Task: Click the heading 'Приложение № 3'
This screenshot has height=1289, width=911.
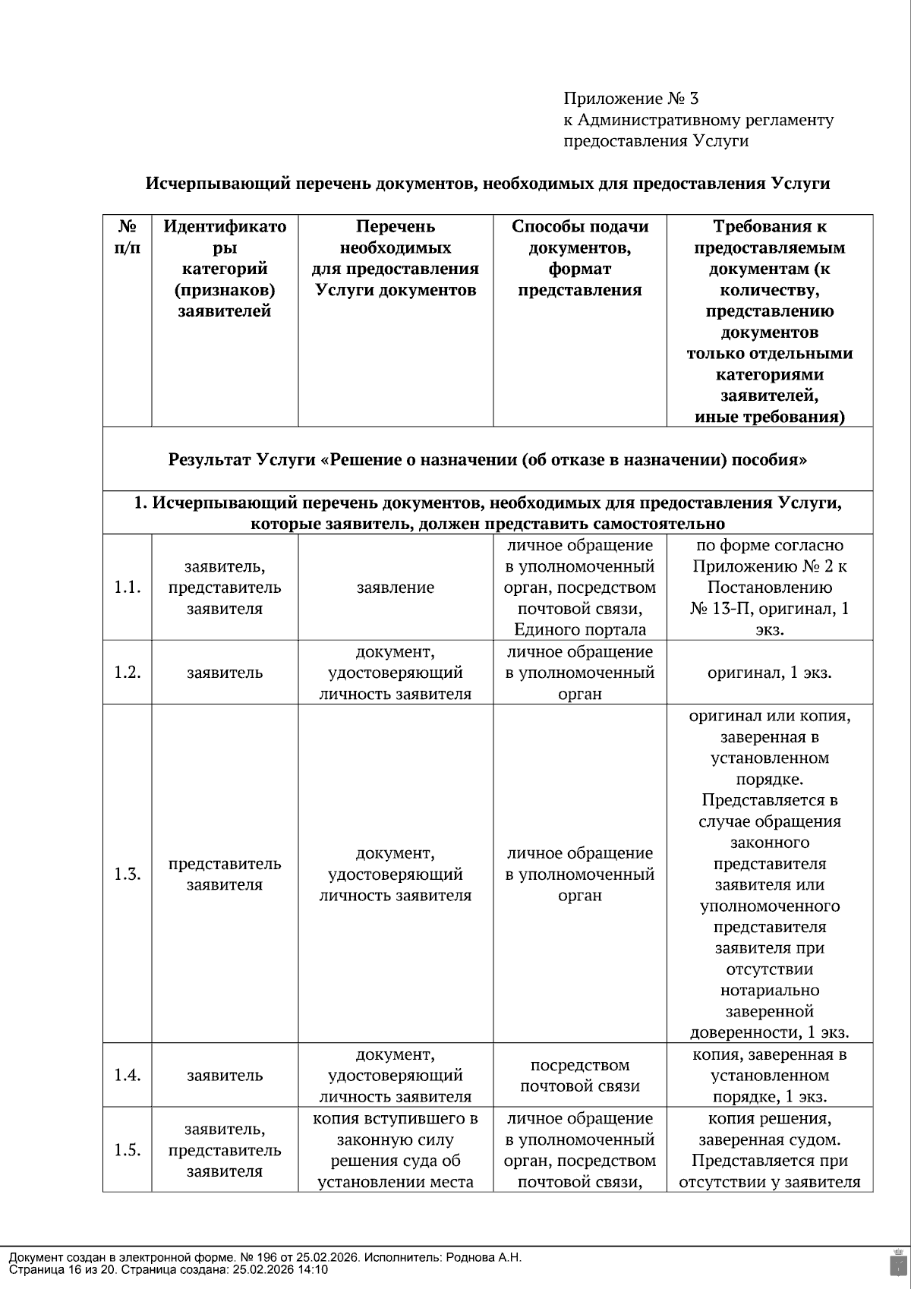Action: pyautogui.click(x=630, y=99)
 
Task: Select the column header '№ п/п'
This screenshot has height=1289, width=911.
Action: pyautogui.click(x=128, y=237)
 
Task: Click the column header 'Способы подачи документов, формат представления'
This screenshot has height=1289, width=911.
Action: pyautogui.click(x=580, y=258)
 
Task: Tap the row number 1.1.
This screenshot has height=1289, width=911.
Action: pyautogui.click(x=128, y=588)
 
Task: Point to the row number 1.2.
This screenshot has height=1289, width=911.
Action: pyautogui.click(x=128, y=673)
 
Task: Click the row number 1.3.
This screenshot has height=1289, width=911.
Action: pyautogui.click(x=128, y=874)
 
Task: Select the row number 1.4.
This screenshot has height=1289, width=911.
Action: pyautogui.click(x=128, y=1075)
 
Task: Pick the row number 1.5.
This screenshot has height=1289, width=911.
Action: pyautogui.click(x=128, y=1150)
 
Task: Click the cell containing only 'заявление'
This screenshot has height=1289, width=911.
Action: pyautogui.click(x=396, y=588)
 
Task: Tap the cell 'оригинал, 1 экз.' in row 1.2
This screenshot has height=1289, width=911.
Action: pyautogui.click(x=769, y=673)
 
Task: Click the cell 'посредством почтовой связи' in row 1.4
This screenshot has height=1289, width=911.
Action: pyautogui.click(x=580, y=1075)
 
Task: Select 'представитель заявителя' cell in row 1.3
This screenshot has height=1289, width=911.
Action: pyautogui.click(x=225, y=874)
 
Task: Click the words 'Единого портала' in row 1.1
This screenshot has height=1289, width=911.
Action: pyautogui.click(x=580, y=629)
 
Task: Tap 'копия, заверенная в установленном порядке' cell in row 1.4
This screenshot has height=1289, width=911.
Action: pyautogui.click(x=769, y=1075)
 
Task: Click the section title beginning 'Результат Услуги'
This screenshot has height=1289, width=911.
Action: pyautogui.click(x=487, y=460)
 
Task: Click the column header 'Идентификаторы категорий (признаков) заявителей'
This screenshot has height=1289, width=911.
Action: pyautogui.click(x=225, y=269)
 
